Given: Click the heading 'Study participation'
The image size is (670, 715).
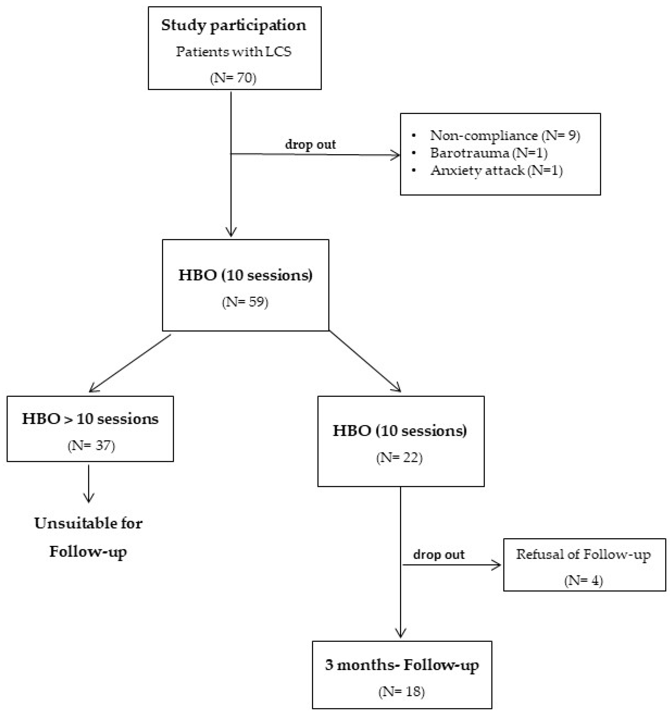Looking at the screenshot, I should (234, 25).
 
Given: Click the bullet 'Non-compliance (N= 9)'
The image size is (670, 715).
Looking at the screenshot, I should (505, 135).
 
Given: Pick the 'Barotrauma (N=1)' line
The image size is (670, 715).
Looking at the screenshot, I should (488, 153).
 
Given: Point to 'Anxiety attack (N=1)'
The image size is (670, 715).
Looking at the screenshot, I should (496, 170).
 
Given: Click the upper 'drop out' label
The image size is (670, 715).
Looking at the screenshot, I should (310, 144).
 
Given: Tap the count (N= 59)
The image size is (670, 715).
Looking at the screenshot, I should (245, 302).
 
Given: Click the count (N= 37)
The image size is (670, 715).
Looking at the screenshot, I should (91, 446).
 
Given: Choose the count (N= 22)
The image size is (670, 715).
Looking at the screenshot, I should (399, 458).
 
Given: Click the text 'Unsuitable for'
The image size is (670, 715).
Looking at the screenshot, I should (88, 523).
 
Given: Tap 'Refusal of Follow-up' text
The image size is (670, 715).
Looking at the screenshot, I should (583, 554).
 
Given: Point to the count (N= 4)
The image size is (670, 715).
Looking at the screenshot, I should (583, 580).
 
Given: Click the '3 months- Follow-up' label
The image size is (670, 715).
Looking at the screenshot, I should (402, 665).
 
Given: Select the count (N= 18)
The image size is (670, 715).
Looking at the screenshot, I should (401, 692).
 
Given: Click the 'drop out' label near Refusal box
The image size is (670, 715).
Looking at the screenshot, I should (438, 554).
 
